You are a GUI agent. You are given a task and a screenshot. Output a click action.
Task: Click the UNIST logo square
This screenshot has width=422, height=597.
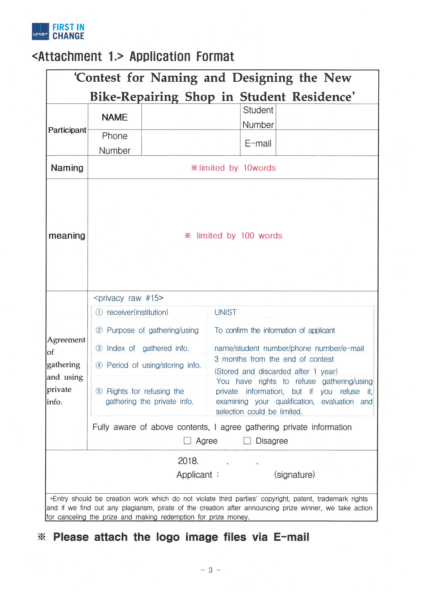[x=40, y=31]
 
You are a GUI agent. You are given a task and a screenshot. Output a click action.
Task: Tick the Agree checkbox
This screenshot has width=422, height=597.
[x=187, y=440]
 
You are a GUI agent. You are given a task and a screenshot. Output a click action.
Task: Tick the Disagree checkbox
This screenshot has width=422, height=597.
[x=247, y=440]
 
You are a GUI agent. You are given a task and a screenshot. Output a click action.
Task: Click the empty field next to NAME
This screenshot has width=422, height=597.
[x=191, y=117]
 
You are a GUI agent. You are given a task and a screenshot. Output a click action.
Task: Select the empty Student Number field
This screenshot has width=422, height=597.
[x=327, y=117]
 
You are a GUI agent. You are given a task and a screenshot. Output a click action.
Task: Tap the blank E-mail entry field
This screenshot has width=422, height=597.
[x=327, y=143]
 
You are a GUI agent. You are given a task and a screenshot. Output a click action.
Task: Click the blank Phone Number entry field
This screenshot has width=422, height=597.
[x=191, y=143]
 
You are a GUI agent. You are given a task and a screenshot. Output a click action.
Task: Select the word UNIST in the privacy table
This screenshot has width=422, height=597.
[x=225, y=312]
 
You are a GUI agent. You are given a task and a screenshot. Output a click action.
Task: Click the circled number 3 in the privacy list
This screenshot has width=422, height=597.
[x=99, y=348]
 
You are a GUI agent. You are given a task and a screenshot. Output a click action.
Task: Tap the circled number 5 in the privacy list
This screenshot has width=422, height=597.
[x=99, y=391]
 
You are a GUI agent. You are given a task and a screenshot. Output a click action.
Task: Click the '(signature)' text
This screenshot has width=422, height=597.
[x=294, y=474]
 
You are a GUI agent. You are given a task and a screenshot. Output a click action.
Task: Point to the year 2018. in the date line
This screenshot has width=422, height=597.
[x=188, y=461]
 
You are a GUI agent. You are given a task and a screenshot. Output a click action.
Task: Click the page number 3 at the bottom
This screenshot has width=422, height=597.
[x=211, y=570]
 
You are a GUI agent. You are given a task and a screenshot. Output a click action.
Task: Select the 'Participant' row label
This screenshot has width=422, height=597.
[x=67, y=130]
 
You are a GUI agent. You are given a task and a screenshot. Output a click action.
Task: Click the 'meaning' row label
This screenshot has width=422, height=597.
[x=67, y=236]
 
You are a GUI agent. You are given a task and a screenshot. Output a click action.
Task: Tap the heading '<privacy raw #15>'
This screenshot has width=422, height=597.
[x=128, y=298]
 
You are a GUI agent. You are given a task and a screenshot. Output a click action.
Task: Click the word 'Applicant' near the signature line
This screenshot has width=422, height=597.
[x=194, y=475]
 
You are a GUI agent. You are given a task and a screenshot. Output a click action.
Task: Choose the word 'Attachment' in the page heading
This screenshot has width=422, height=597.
[x=70, y=57]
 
